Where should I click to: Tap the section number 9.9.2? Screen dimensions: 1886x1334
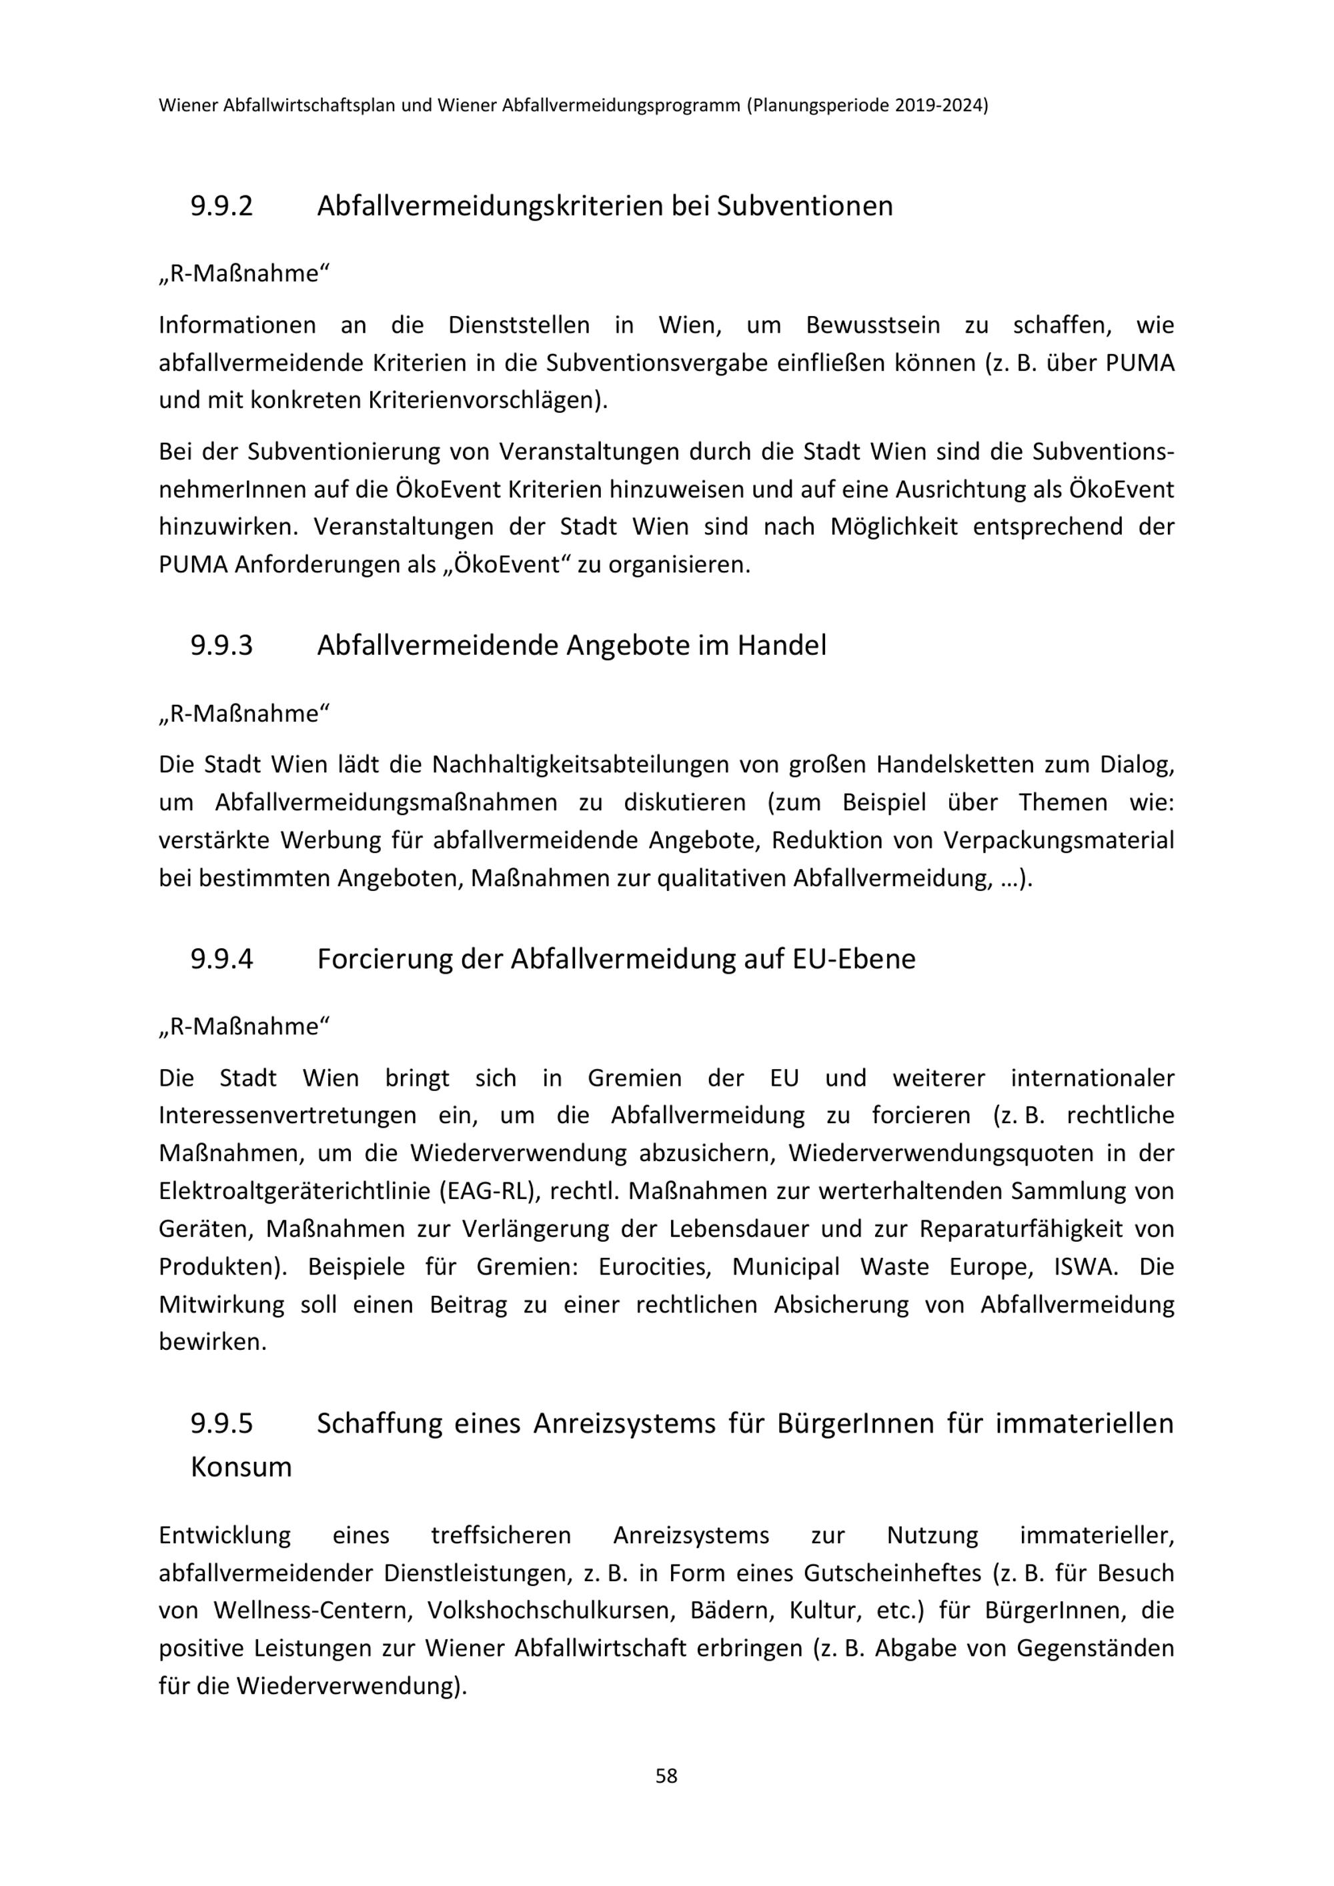coord(222,205)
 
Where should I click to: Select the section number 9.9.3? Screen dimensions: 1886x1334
coord(222,646)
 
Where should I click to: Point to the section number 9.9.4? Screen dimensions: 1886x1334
coord(222,958)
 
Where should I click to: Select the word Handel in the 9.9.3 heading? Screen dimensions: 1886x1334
coord(781,646)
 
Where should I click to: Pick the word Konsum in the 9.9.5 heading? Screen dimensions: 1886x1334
coord(241,1467)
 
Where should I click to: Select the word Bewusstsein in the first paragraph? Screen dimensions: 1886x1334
coord(872,325)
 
